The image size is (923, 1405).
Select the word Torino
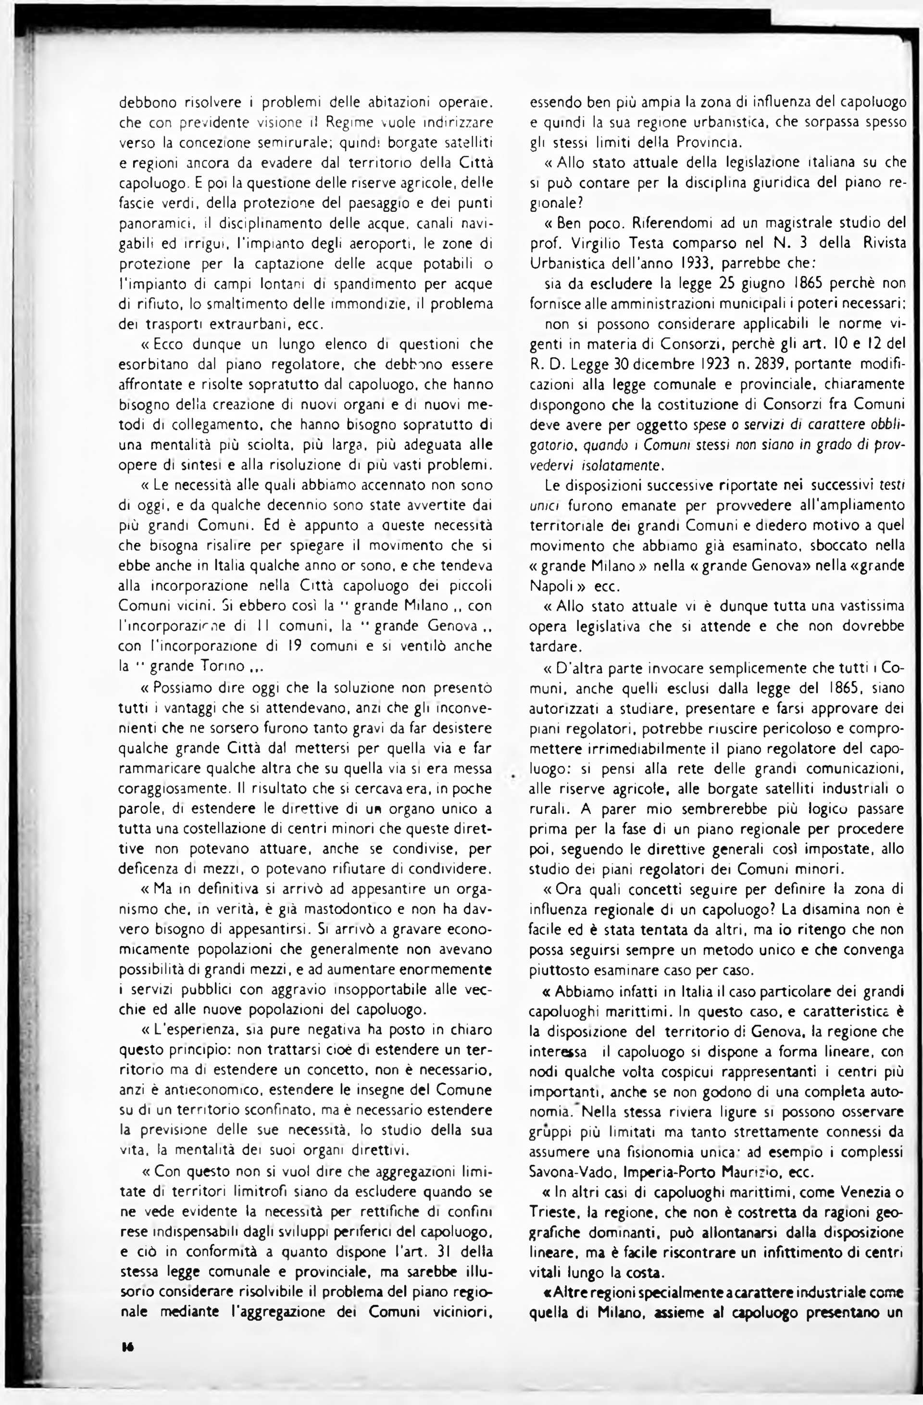click(x=218, y=667)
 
